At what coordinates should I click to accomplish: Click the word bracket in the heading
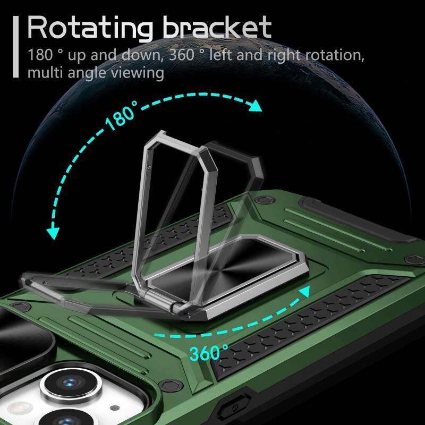217,27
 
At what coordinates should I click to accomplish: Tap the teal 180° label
121,116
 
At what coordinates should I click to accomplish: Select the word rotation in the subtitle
335,55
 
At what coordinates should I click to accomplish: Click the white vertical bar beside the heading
16,47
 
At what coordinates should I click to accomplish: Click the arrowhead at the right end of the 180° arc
256,106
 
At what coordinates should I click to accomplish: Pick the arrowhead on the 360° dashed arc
304,292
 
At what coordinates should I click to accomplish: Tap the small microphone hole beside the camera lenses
115,408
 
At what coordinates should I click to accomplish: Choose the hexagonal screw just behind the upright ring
265,200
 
